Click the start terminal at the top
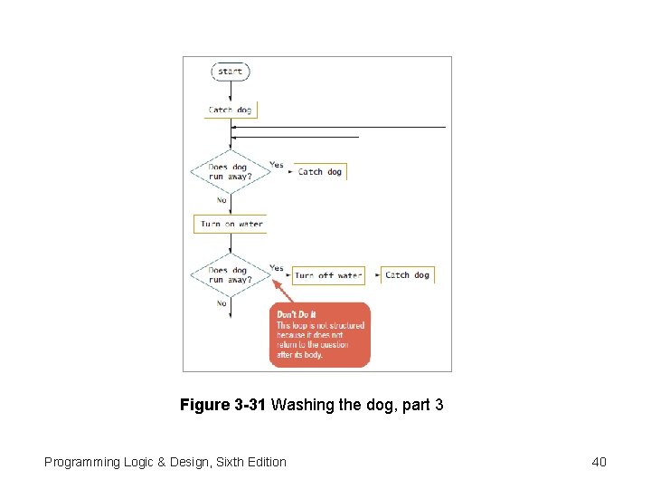coord(230,72)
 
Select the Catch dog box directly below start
coord(231,110)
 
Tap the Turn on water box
coord(231,224)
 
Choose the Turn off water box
coord(327,275)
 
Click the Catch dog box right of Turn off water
coord(408,274)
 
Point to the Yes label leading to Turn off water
coord(276,268)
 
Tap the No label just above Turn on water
coord(221,199)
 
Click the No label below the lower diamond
coord(221,303)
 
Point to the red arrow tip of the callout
coord(274,281)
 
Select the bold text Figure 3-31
coord(222,405)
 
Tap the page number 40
coord(599,462)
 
